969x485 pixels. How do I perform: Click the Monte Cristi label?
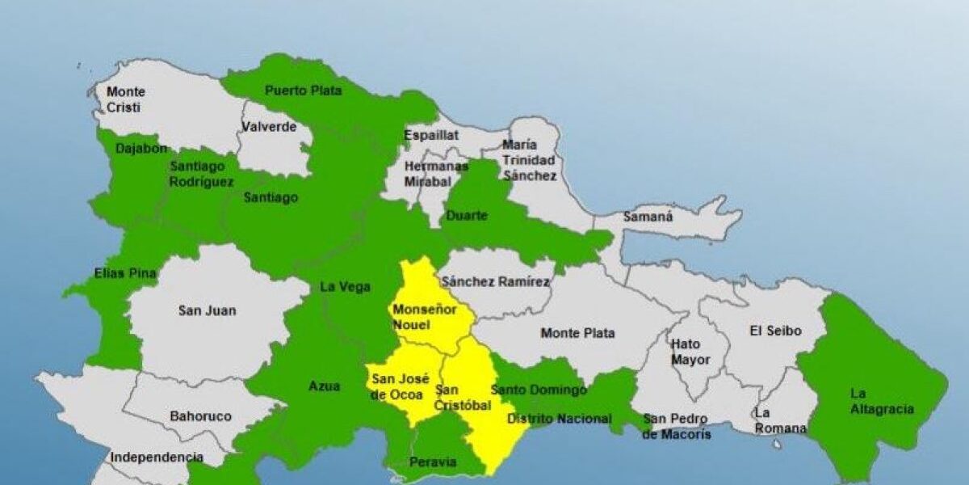point(126,99)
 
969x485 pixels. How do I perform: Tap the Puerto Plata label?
point(304,91)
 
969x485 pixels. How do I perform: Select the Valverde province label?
point(270,127)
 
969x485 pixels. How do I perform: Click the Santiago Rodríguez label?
point(202,174)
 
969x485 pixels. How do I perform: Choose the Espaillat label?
point(430,136)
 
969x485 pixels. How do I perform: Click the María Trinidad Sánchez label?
point(529,160)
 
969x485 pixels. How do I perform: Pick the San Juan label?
point(208,310)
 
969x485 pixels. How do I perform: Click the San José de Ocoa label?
point(400,386)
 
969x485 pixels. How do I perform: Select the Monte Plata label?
point(577,333)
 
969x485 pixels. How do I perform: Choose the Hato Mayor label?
point(690,352)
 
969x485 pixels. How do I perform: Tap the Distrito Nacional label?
point(559,419)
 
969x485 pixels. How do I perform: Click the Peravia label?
point(434,463)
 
